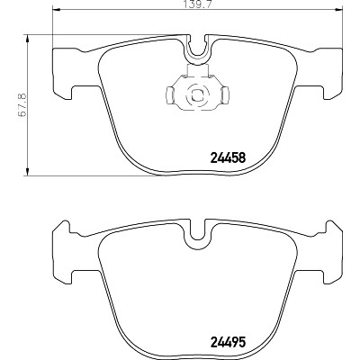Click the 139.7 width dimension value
point(198,4)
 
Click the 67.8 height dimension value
point(22,104)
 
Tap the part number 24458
point(229,157)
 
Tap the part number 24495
point(229,342)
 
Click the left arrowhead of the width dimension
point(57,10)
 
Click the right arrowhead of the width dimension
point(338,10)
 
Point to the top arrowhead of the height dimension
point(27,39)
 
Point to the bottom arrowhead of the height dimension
point(27,171)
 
